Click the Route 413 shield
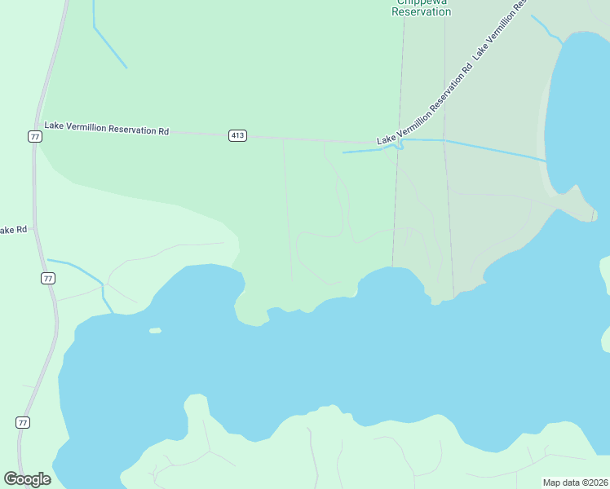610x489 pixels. tap(237, 135)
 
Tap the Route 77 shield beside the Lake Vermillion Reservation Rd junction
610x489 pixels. tap(34, 136)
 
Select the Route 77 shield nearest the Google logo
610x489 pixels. tap(24, 422)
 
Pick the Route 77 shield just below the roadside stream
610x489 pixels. tap(48, 279)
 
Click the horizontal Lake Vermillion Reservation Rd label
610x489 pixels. tap(106, 128)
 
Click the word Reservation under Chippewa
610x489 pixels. tap(421, 12)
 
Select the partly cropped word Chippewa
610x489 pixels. tap(422, 2)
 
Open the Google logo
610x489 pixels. tap(28, 479)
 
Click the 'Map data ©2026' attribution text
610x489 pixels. tap(575, 482)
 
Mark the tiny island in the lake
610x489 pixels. tap(155, 330)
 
